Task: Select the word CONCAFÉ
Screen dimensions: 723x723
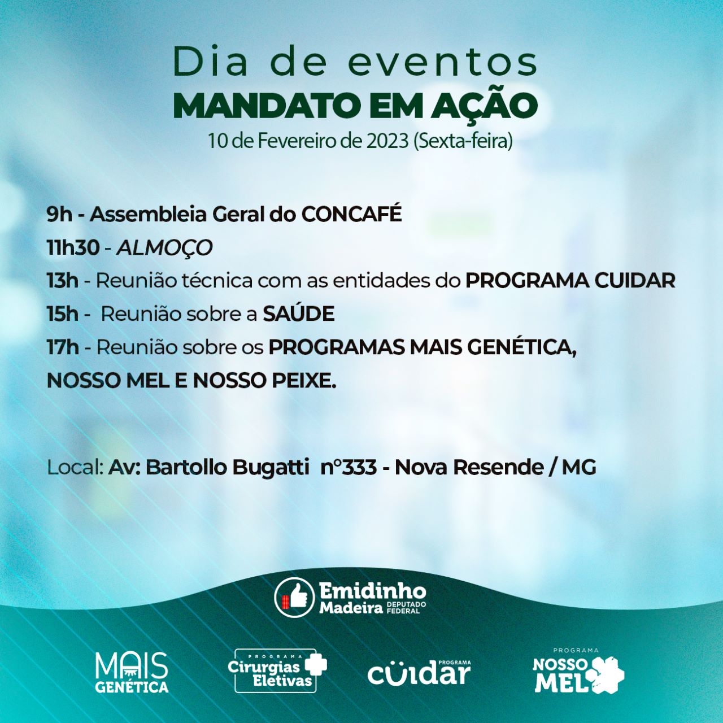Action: [351, 214]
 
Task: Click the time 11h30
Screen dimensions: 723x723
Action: [73, 247]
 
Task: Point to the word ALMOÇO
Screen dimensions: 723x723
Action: [164, 248]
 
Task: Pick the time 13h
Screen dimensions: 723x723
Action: [63, 281]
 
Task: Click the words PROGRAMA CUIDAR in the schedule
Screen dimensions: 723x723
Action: [570, 281]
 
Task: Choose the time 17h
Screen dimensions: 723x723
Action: [63, 347]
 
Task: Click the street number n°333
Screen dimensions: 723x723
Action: [349, 467]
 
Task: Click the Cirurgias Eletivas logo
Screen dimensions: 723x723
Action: [277, 670]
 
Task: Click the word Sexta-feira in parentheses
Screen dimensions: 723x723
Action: [463, 141]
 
